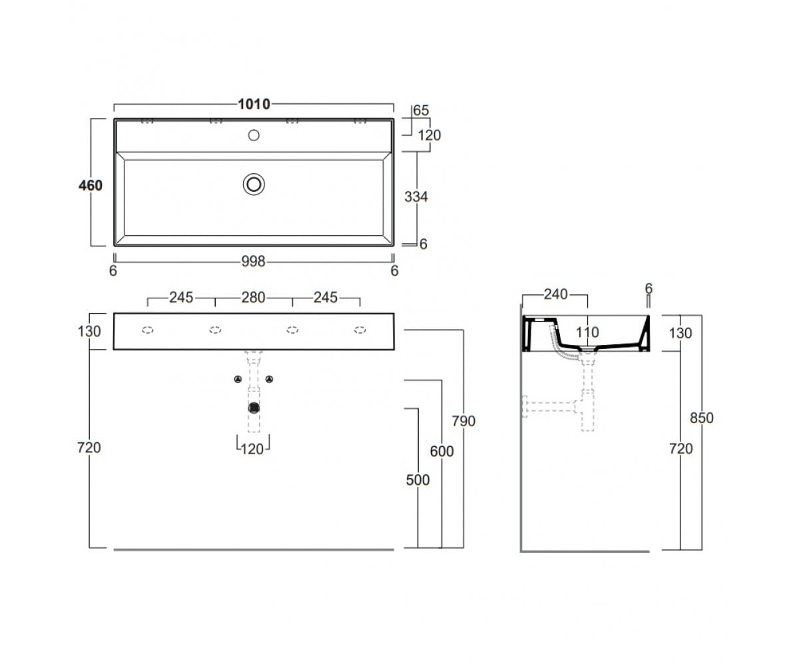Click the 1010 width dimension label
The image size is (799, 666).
click(x=254, y=104)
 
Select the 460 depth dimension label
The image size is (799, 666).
click(x=91, y=185)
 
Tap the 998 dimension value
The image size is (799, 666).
click(x=253, y=262)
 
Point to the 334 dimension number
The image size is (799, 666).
click(x=416, y=196)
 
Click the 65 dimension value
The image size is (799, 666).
click(x=421, y=111)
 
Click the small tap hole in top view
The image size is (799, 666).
click(x=254, y=135)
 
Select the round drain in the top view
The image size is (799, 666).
click(x=254, y=184)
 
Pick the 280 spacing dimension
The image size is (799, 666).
click(x=253, y=298)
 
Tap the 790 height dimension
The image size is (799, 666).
click(x=463, y=421)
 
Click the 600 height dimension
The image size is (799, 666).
click(x=441, y=452)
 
